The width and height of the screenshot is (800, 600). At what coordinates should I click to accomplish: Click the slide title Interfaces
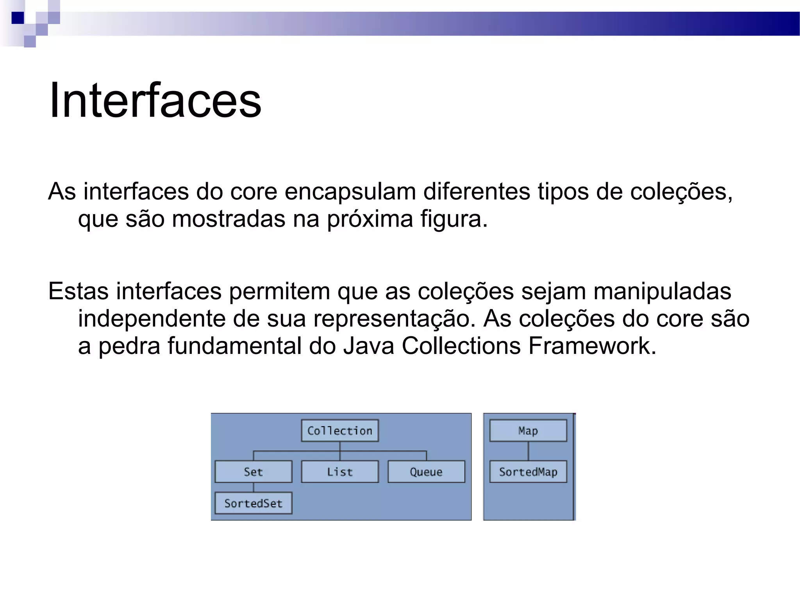click(155, 100)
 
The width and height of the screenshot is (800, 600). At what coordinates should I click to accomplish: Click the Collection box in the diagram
click(340, 430)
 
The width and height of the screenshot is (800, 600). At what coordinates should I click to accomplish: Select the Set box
click(254, 472)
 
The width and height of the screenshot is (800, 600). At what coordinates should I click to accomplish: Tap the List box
click(340, 472)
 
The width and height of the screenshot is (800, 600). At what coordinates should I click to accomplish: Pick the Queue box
click(426, 472)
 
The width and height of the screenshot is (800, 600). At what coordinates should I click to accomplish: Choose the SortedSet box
click(254, 503)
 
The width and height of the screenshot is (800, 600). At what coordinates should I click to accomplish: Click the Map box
click(528, 430)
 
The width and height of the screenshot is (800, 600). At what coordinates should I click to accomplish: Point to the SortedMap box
click(528, 472)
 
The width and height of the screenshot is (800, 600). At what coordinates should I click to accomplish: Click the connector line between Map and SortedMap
click(528, 451)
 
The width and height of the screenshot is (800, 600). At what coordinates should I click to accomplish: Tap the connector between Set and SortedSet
click(254, 487)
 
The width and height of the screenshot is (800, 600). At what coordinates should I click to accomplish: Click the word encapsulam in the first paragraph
click(350, 192)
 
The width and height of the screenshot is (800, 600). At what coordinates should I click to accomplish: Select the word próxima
click(370, 220)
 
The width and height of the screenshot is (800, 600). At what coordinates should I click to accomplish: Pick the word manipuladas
click(662, 291)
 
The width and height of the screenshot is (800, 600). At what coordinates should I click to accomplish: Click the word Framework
click(592, 346)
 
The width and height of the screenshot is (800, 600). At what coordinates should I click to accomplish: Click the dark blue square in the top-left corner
click(18, 18)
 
